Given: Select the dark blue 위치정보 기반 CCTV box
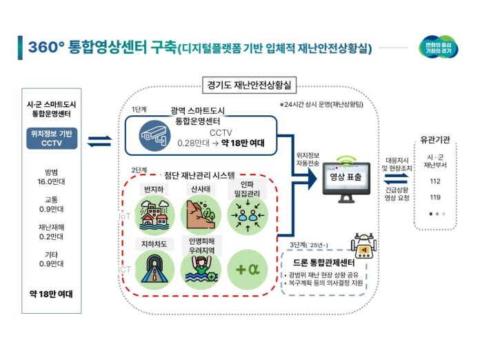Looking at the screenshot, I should pos(51,137).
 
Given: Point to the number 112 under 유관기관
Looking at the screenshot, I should pos(434,181).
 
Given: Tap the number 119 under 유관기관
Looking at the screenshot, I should pos(434,197).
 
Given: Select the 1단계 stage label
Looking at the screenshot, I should pos(141,109).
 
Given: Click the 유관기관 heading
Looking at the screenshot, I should pos(436,140).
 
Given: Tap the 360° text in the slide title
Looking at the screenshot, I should pos(46,47).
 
